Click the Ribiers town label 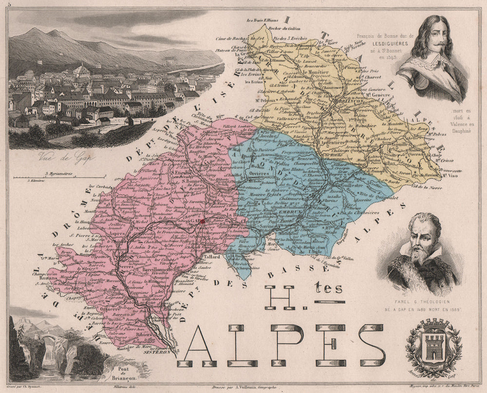[144, 337]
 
